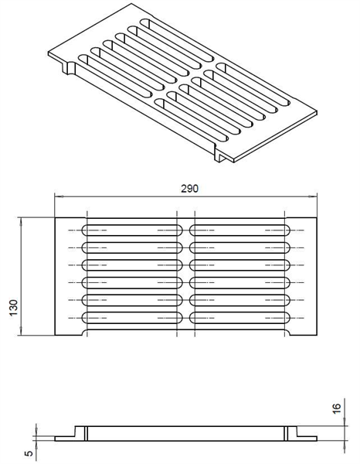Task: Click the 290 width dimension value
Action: [x=189, y=189]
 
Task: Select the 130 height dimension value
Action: [x=14, y=308]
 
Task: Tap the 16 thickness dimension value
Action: [x=337, y=408]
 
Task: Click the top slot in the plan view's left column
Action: [x=132, y=230]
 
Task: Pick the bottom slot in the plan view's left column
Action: [x=132, y=318]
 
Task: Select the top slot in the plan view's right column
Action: [x=239, y=230]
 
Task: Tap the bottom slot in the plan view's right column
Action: [x=239, y=318]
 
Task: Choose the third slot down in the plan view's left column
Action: [x=132, y=265]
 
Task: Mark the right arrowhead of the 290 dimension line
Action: [x=313, y=196]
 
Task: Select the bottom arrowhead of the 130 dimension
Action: [x=20, y=332]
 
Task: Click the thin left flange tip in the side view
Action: [x=56, y=438]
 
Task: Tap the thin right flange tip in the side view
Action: [x=317, y=438]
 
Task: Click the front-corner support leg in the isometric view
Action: [x=221, y=155]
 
